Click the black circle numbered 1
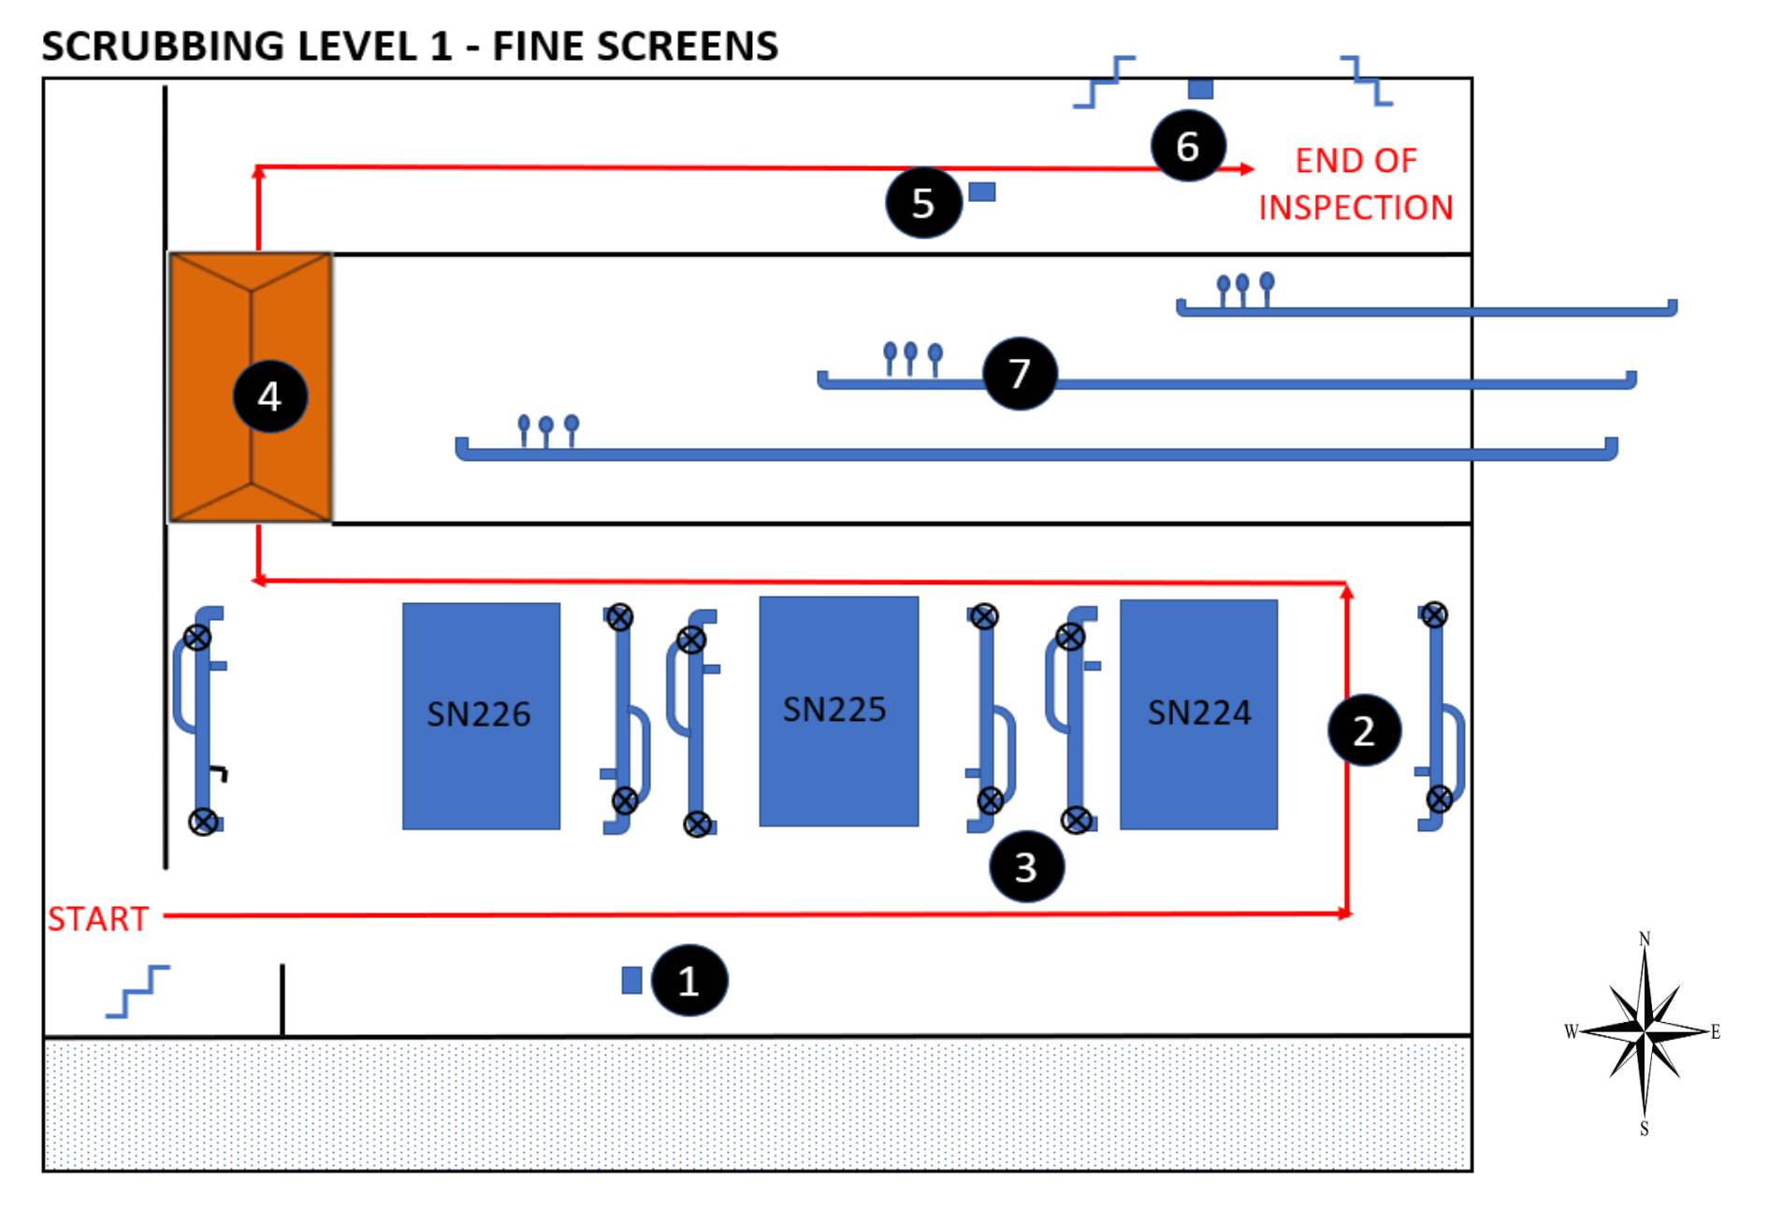pyautogui.click(x=689, y=981)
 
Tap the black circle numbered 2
pyautogui.click(x=1364, y=730)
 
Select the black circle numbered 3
pyautogui.click(x=1026, y=867)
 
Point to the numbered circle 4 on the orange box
pyautogui.click(x=269, y=396)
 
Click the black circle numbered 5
pyautogui.click(x=923, y=203)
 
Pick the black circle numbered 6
pyautogui.click(x=1187, y=146)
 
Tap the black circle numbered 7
pyautogui.click(x=1020, y=374)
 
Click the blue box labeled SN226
pyautogui.click(x=481, y=715)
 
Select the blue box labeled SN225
pyautogui.click(x=838, y=711)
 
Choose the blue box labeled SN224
pyautogui.click(x=1198, y=713)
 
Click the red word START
pyautogui.click(x=98, y=919)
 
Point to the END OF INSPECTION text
pyautogui.click(x=1355, y=184)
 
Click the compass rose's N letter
pyautogui.click(x=1645, y=938)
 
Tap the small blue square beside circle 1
pyautogui.click(x=631, y=980)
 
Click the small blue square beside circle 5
pyautogui.click(x=981, y=192)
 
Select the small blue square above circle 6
pyautogui.click(x=1200, y=89)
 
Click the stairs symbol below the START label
pyautogui.click(x=138, y=991)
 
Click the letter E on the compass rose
pyautogui.click(x=1715, y=1031)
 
